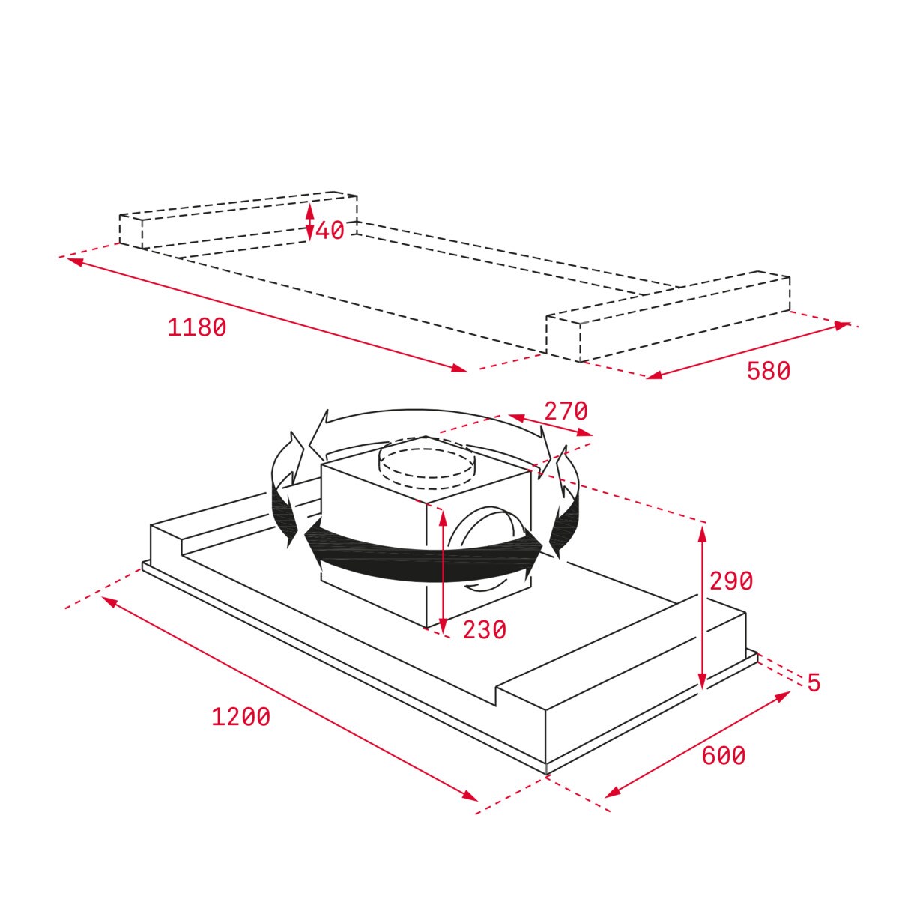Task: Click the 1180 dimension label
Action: pos(196,328)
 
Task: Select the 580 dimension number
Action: pos(768,371)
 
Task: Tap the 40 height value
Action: pos(330,231)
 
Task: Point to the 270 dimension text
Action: pos(566,411)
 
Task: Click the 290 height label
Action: pos(730,581)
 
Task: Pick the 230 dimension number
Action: pos(484,630)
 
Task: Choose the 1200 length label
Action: pos(240,717)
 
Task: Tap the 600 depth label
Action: pos(723,756)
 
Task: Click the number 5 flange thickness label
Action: pos(814,682)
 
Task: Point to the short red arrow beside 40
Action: pos(309,222)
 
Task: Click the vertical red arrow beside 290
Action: pos(702,607)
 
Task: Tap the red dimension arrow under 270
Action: pos(551,425)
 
